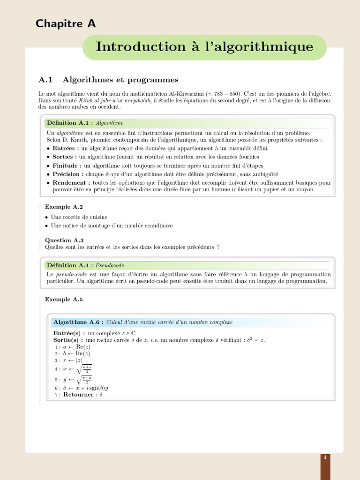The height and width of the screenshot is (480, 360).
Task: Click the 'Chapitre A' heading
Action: coord(66,23)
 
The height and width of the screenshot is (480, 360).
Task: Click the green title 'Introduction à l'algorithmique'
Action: coord(204,47)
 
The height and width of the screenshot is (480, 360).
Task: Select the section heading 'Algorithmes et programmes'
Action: coord(120,80)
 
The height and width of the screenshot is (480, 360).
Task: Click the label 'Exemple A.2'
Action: coord(64,207)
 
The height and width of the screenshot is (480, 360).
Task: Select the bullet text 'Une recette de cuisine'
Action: coord(79,217)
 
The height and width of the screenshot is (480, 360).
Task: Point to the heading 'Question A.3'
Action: coord(64,240)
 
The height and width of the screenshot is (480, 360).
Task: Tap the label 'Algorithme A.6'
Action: coord(77,322)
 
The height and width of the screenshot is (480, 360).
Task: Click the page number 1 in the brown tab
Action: coord(325,457)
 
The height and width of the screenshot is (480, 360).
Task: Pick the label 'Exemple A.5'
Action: coord(64,299)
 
